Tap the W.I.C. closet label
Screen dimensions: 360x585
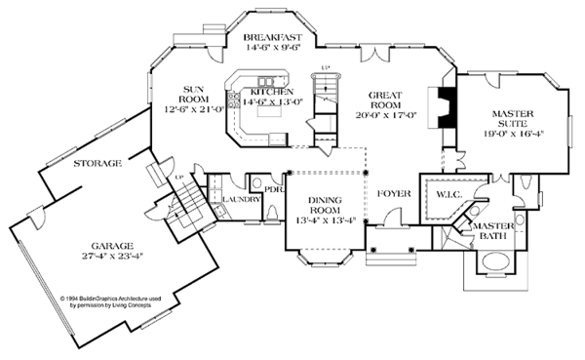tap(449, 193)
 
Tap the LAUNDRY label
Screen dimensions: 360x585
tap(239, 199)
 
